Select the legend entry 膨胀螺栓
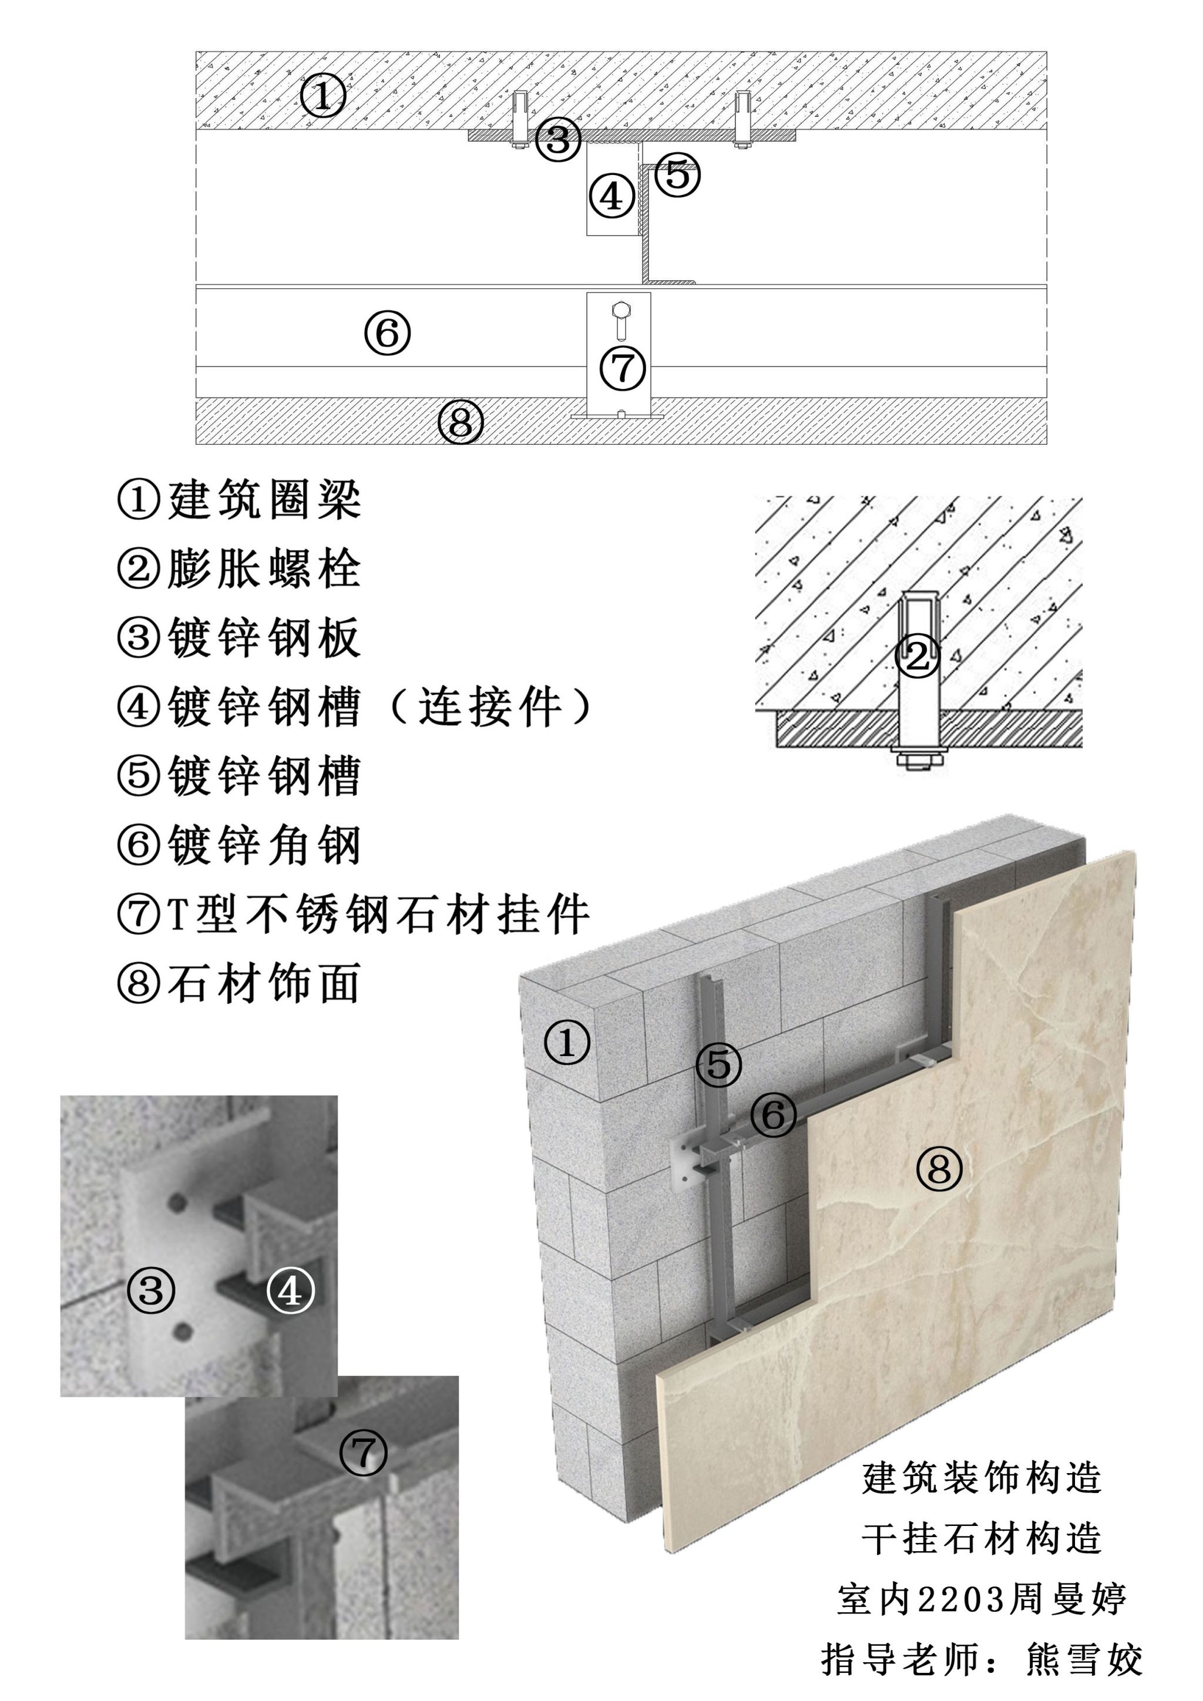tap(238, 569)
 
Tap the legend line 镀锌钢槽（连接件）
tap(354, 707)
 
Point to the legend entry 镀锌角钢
tap(238, 845)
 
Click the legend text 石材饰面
tap(238, 983)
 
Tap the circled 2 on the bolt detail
tap(917, 655)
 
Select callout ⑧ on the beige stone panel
tap(939, 1169)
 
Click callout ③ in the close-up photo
tap(151, 1290)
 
